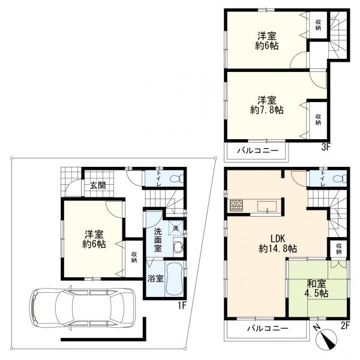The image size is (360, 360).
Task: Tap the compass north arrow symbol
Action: [326, 339]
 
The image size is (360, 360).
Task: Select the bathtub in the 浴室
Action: [174, 279]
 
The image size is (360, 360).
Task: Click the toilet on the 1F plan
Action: [178, 178]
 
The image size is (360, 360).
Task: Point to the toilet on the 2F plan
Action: [340, 178]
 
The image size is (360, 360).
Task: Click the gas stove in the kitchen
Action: [236, 205]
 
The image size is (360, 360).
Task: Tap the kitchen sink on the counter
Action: [267, 206]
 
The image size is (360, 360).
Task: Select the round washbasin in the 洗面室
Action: [178, 247]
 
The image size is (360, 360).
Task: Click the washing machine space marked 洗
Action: [176, 228]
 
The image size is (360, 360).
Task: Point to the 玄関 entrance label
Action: [98, 185]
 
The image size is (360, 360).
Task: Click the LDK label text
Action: [278, 239]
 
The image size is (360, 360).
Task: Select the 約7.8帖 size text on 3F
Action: [266, 110]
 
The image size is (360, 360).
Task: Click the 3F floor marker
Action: [326, 147]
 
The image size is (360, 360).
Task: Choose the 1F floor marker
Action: [181, 305]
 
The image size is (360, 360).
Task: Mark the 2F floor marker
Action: [345, 326]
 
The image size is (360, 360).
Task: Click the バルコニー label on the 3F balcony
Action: [258, 151]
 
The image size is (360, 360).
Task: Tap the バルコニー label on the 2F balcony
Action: [268, 328]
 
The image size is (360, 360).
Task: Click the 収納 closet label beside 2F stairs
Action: [339, 248]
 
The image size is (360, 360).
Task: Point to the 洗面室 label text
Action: [158, 239]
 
